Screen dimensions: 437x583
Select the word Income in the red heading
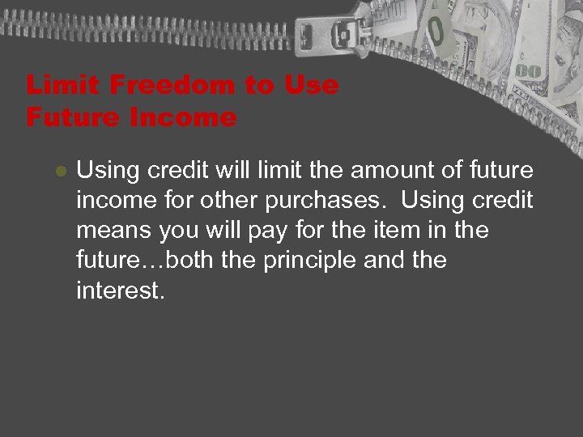point(181,118)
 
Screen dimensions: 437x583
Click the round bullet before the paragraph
point(58,172)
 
